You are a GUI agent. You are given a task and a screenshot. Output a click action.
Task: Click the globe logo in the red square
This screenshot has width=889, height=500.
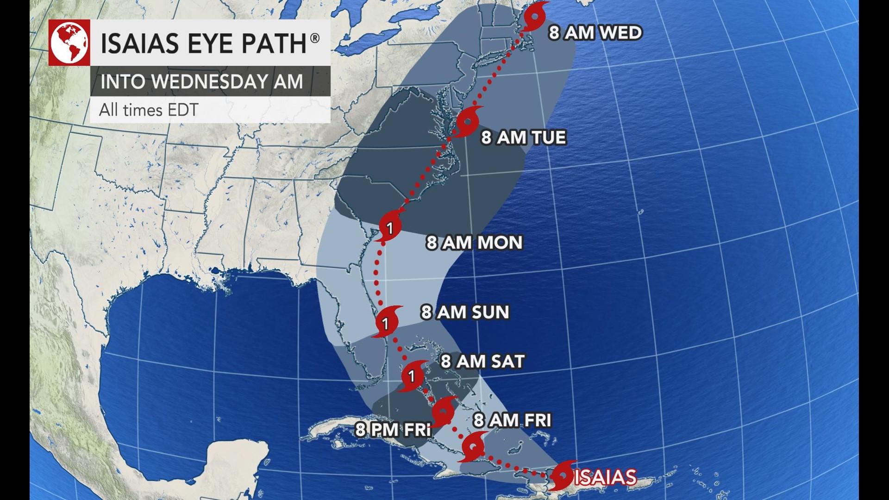click(69, 43)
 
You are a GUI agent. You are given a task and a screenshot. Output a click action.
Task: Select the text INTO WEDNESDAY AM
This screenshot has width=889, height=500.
click(201, 81)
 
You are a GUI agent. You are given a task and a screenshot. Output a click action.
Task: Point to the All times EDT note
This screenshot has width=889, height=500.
click(149, 110)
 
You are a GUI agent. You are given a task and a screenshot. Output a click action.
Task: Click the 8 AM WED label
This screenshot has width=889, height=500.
click(595, 33)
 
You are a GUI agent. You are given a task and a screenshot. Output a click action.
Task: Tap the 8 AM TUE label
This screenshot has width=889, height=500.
click(523, 137)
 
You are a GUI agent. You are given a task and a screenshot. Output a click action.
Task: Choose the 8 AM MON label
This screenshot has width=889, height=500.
click(474, 243)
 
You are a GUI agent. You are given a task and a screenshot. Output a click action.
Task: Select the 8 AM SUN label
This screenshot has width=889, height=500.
click(464, 312)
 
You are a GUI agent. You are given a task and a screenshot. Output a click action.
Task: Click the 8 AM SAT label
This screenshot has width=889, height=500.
click(482, 361)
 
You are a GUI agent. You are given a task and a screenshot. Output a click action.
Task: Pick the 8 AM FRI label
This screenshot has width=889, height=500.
click(512, 420)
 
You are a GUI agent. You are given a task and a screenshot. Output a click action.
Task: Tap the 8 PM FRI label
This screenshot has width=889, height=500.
click(393, 430)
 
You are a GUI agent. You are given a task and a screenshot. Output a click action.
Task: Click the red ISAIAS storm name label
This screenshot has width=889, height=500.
click(606, 477)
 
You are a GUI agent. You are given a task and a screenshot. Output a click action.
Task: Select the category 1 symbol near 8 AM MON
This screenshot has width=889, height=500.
click(390, 226)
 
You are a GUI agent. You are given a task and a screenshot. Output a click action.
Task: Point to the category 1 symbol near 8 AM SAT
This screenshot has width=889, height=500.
click(412, 376)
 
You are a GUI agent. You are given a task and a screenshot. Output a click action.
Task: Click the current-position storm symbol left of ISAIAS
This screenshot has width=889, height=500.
click(563, 475)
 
